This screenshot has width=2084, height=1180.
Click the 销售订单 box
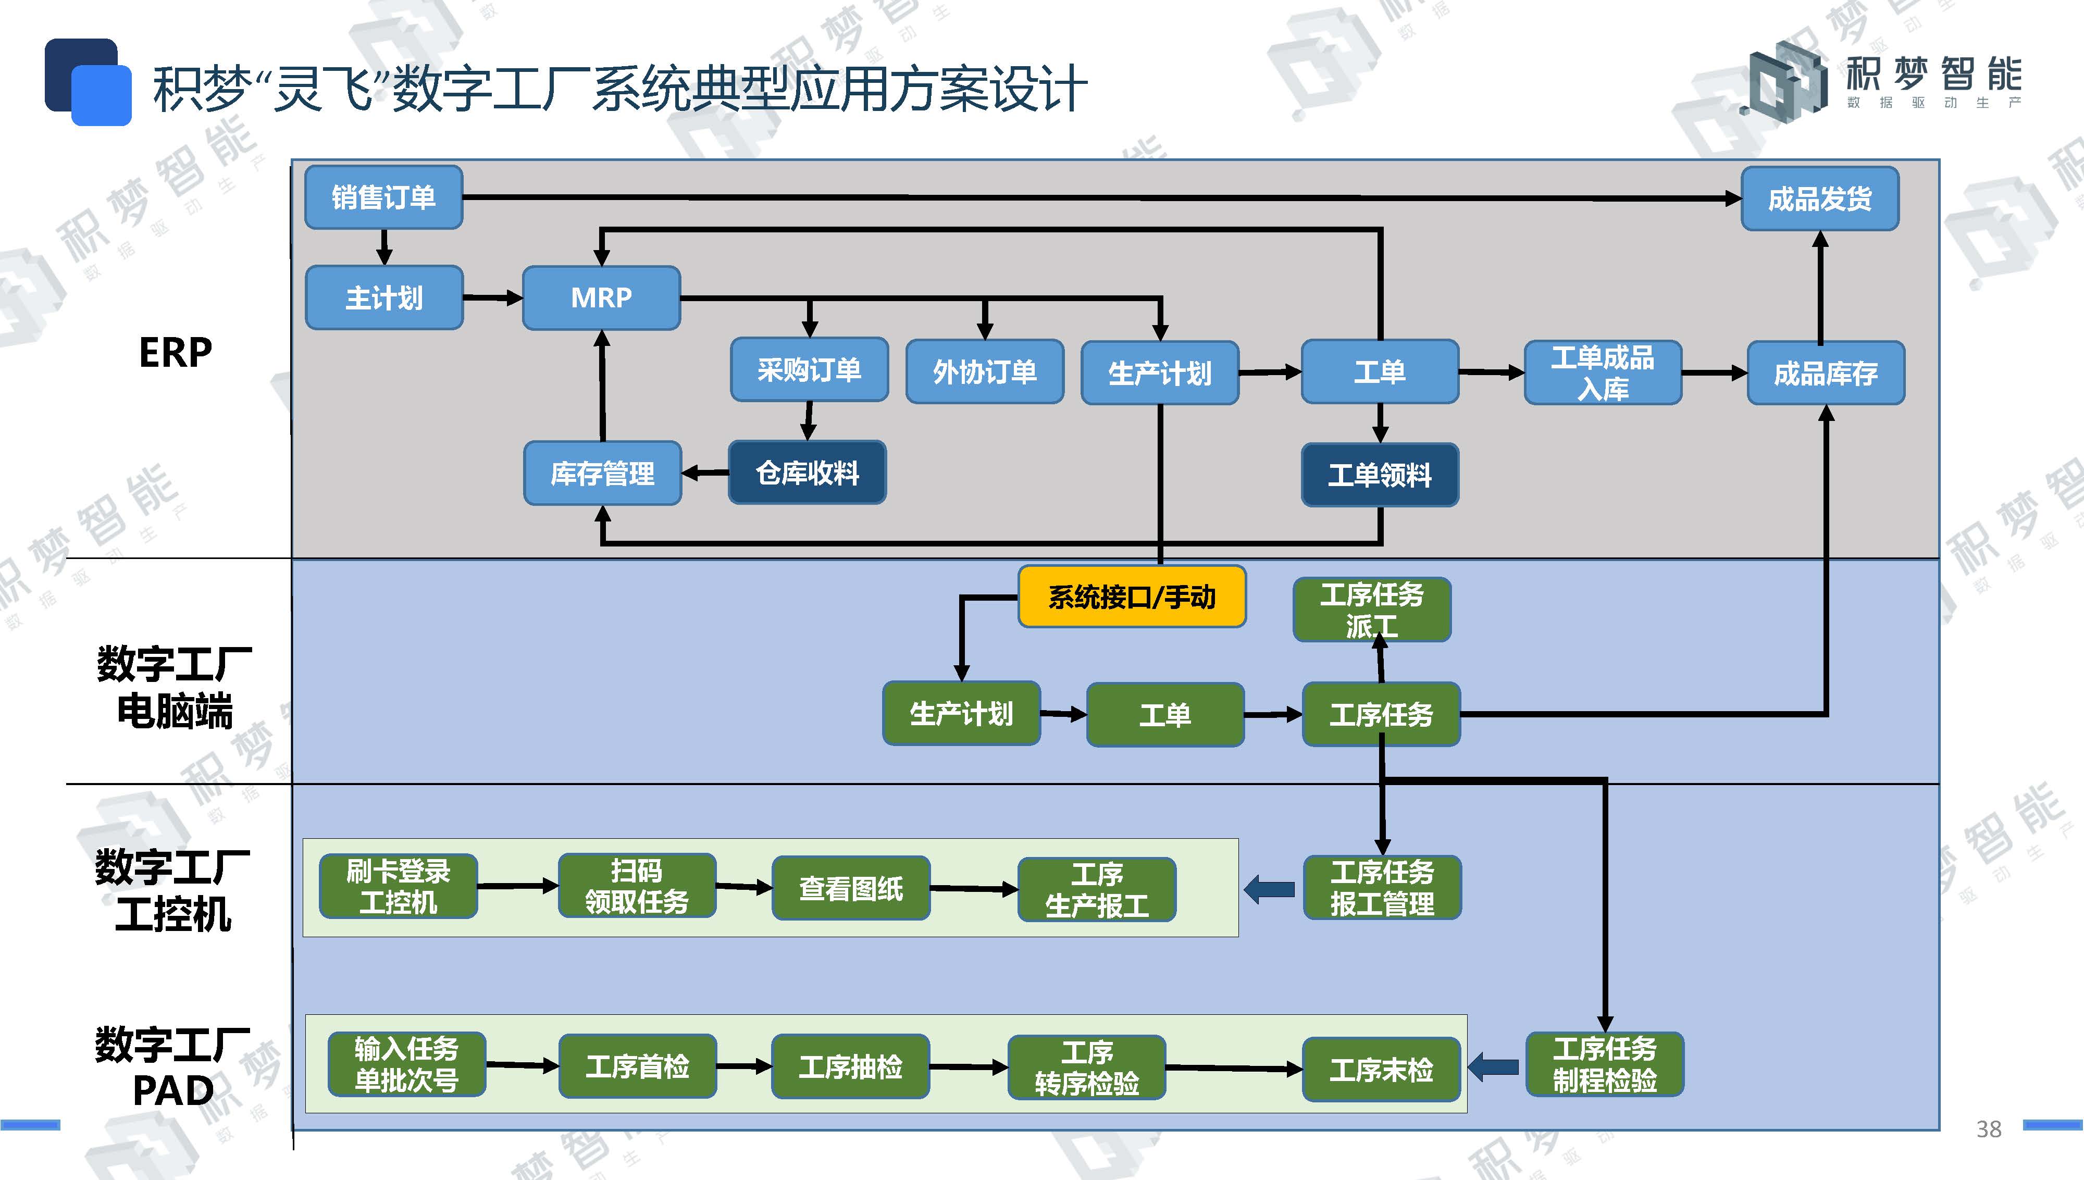383,197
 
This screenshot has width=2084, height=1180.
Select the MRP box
601,297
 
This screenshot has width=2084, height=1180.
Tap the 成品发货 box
1820,198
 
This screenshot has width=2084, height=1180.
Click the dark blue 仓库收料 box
807,473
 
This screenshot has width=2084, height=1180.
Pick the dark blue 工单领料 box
1380,475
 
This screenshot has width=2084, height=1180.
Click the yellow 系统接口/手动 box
1132,597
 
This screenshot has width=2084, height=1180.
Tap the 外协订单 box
985,371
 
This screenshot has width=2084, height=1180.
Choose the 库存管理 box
602,473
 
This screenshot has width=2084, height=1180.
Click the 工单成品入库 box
1603,373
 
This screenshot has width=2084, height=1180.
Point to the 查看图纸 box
851,888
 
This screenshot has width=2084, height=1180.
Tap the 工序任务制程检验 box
1604,1065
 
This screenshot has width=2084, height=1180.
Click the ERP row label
175,353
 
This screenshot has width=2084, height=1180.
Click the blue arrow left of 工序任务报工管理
1269,889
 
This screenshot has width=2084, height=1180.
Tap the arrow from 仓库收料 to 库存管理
705,473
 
